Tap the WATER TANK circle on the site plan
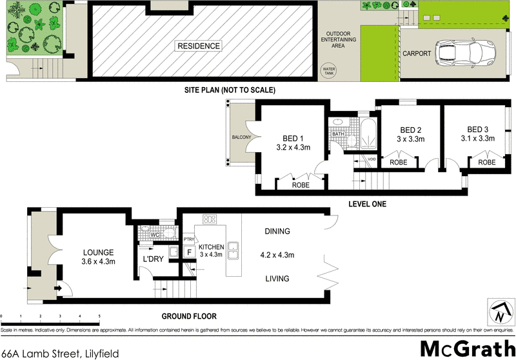click(330, 70)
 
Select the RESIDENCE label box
click(199, 46)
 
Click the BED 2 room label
click(409, 128)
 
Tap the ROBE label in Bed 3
click(486, 163)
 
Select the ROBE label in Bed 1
click(301, 185)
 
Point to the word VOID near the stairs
click(372, 159)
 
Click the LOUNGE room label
click(99, 252)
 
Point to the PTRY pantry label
click(189, 239)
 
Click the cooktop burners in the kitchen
click(209, 219)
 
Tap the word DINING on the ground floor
click(277, 231)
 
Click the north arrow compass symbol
click(499, 314)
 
